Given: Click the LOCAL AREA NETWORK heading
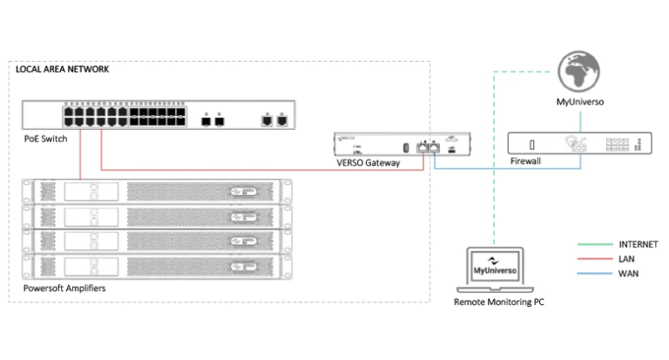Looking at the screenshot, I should pos(63,69).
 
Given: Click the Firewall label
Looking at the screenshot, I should pos(524,162).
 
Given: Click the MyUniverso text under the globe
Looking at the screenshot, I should pos(580,102).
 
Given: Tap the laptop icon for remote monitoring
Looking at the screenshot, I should pos(493,271).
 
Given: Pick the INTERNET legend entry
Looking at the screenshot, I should pos(638,244).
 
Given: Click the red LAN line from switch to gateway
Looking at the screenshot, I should pos(261,169).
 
